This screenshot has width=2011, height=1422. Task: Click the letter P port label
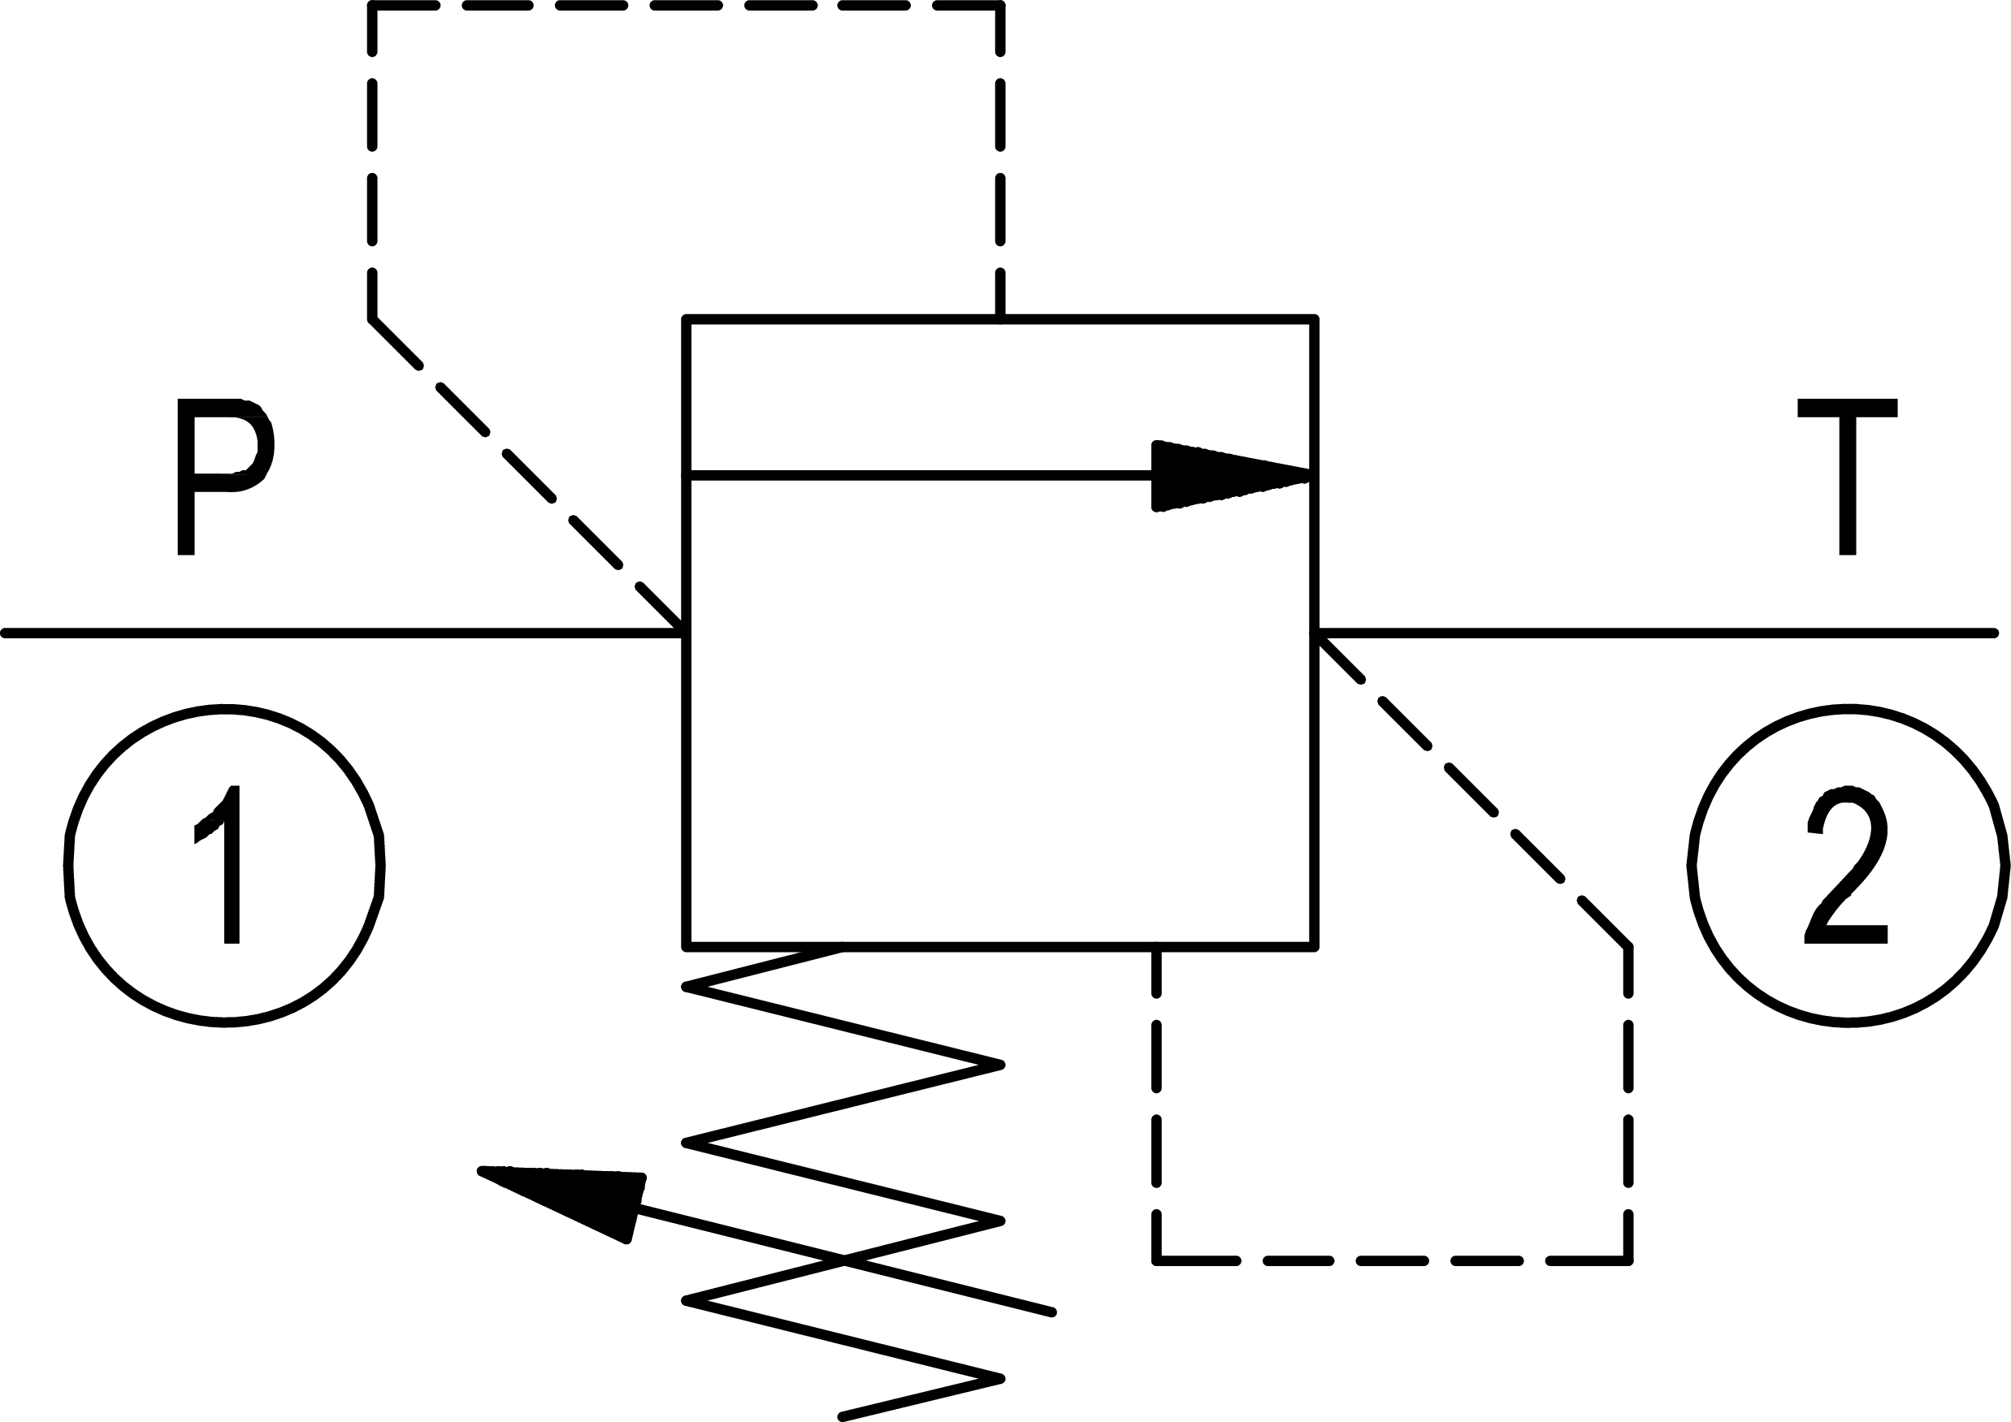[x=224, y=478]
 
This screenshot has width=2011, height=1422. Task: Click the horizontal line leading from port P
[x=341, y=633]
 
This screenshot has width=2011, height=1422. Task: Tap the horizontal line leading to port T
[x=1655, y=633]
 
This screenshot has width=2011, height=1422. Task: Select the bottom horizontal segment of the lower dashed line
[x=1393, y=1261]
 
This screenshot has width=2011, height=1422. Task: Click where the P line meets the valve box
[x=686, y=633]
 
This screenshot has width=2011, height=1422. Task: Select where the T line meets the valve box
[x=1315, y=633]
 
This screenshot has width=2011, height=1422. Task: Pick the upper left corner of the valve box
[x=686, y=320]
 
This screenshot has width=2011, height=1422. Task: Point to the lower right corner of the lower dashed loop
[x=1628, y=1261]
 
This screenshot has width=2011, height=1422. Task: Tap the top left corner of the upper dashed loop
[x=372, y=6]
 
